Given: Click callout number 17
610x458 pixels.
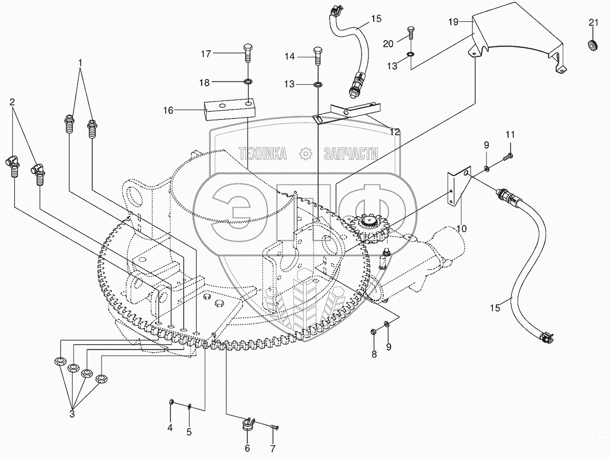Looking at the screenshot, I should (x=205, y=55).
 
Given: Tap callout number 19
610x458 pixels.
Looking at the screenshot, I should (x=453, y=21).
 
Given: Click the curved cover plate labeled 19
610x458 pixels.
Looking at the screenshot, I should (x=516, y=40).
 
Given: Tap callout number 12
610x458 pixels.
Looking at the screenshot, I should (x=395, y=132).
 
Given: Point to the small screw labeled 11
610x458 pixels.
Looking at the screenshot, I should (x=508, y=155).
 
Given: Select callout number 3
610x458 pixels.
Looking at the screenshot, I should (x=72, y=413).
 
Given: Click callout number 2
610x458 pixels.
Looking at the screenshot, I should (x=12, y=101).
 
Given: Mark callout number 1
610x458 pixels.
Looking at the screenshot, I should (x=81, y=62).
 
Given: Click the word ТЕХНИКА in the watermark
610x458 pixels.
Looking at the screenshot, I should (x=263, y=153).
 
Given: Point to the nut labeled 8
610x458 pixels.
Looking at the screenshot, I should (x=374, y=330).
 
